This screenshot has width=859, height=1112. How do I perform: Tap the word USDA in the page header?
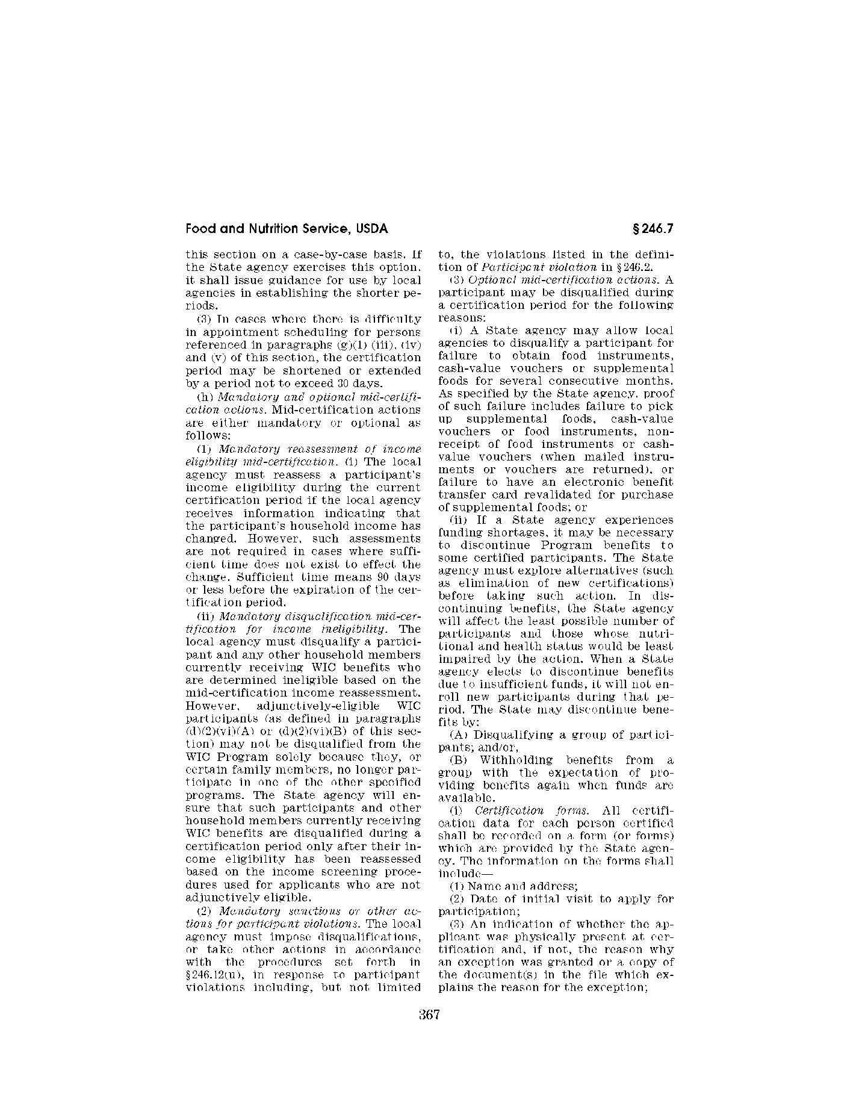[371, 229]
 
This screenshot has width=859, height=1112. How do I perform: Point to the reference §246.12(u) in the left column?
[210, 975]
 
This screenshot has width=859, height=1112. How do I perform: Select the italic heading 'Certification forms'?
[527, 810]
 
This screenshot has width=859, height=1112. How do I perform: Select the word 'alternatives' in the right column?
[584, 570]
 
